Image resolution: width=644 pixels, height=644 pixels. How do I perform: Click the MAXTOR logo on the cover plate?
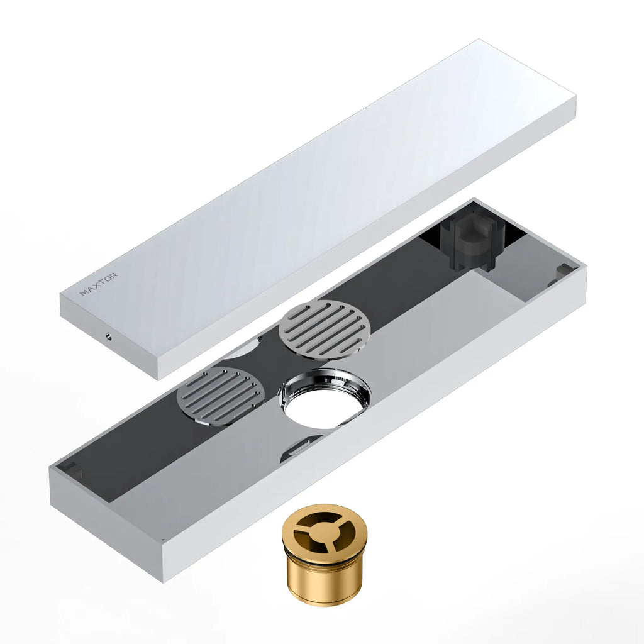98,284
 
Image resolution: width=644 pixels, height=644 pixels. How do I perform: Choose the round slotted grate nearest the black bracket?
324,329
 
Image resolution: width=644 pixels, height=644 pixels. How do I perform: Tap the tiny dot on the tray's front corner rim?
162,539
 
